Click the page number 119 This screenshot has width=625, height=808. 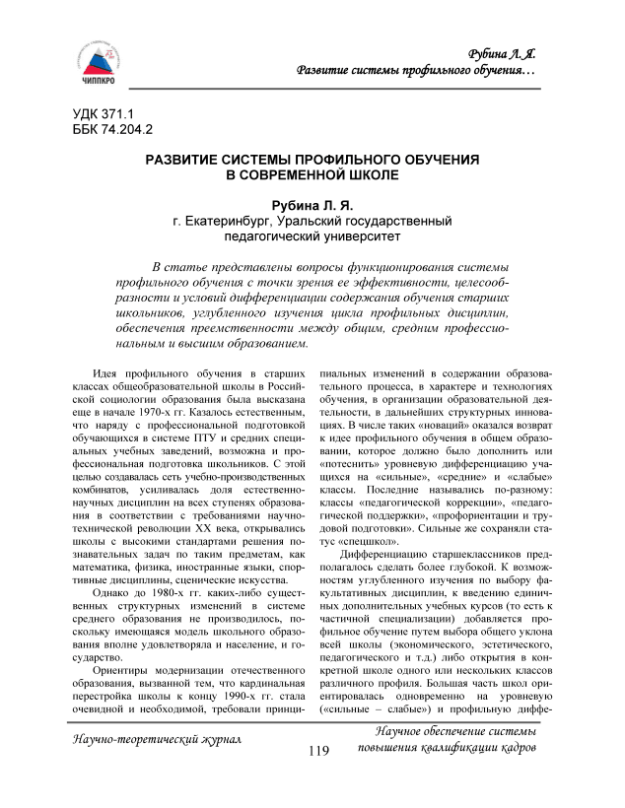[317, 778]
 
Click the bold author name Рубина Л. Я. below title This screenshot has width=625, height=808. [312, 205]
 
